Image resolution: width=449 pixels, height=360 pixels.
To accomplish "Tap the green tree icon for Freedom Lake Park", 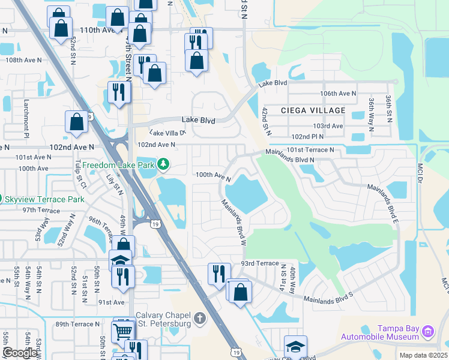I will click(163, 164).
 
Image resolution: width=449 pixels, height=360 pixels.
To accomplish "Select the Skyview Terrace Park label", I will click(46, 198).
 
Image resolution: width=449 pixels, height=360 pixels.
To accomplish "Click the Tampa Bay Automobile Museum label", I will click(398, 332).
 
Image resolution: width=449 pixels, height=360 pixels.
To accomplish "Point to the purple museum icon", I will click(427, 331).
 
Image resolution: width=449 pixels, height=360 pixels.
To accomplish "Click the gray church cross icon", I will click(200, 317).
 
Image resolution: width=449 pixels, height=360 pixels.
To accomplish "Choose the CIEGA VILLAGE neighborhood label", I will click(313, 110).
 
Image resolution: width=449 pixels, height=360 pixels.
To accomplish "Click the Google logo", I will click(20, 352).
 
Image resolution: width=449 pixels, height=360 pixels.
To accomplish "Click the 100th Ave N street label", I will click(213, 175).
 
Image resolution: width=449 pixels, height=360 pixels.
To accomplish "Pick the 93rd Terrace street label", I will click(259, 263).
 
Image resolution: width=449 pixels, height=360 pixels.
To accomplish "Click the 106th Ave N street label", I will click(338, 94).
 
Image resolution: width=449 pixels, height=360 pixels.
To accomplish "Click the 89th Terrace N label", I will click(76, 324).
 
